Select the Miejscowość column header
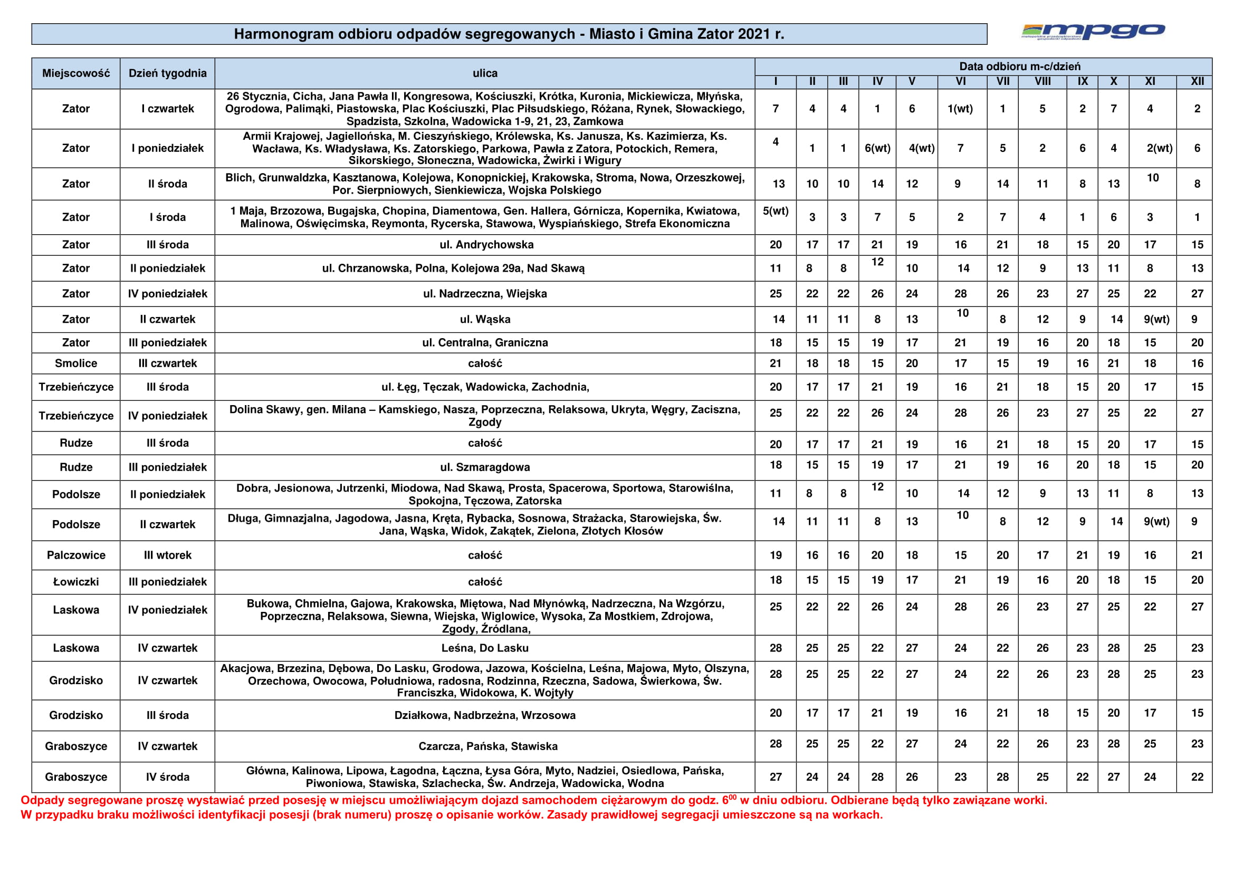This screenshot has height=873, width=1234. (76, 73)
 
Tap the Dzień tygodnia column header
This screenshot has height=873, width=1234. (167, 73)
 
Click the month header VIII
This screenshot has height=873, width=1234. (1042, 81)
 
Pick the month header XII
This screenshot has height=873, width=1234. (1197, 81)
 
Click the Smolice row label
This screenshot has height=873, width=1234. (76, 363)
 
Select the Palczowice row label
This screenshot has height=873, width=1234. (76, 555)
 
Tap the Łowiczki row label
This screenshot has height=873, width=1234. (76, 582)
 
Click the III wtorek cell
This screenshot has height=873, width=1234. (167, 555)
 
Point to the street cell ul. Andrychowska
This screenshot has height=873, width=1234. (486, 245)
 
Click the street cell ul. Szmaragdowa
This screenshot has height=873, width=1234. (485, 467)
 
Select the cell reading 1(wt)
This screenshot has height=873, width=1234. (960, 109)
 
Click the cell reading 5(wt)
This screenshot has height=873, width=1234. (776, 210)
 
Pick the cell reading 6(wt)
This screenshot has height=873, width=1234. (877, 148)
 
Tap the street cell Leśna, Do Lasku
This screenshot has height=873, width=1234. (485, 648)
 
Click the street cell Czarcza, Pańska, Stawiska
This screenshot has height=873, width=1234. (487, 746)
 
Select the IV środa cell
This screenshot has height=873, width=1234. (167, 777)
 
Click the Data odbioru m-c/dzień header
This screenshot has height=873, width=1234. (1019, 66)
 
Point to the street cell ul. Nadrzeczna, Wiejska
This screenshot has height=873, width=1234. (485, 293)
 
